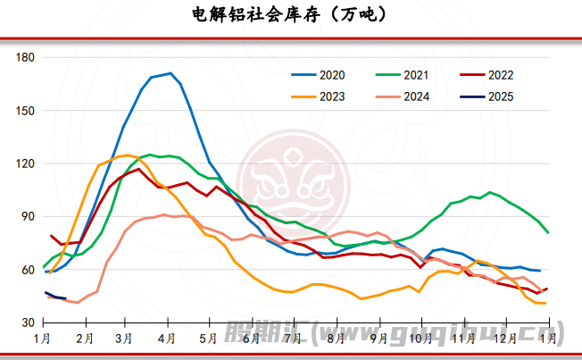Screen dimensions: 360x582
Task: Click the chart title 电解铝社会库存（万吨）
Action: click(291, 15)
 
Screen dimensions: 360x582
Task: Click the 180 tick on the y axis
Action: click(25, 58)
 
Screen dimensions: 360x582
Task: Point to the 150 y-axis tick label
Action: click(25, 111)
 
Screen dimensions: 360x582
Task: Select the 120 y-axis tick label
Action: click(25, 163)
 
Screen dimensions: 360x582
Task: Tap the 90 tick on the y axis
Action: click(28, 216)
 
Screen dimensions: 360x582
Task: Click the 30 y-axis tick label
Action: click(28, 322)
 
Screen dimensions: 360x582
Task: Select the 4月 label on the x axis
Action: click(166, 339)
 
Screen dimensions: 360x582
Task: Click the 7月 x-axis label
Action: click(292, 339)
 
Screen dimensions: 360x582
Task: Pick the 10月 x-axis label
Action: click(419, 339)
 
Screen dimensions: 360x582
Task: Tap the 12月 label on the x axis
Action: click(505, 339)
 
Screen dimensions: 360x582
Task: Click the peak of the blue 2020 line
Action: click(170, 73)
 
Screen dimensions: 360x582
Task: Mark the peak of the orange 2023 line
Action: click(126, 155)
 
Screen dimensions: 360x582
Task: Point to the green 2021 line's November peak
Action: click(489, 192)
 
